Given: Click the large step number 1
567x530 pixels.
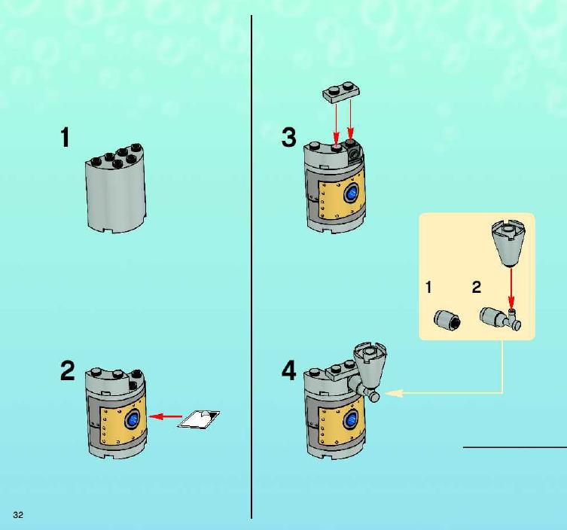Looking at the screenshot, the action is pyautogui.click(x=65, y=137).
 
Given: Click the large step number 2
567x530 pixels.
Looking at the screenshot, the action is pyautogui.click(x=68, y=370).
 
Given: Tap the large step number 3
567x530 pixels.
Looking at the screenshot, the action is pyautogui.click(x=289, y=137).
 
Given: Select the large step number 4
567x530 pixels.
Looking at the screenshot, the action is pyautogui.click(x=289, y=370).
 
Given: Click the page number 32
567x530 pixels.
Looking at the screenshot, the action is pyautogui.click(x=18, y=515).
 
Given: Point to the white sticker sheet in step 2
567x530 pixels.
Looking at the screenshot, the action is pyautogui.click(x=199, y=419).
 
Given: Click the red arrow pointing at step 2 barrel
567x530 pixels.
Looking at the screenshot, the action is pyautogui.click(x=166, y=417).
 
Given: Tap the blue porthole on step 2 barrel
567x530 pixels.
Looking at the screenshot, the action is pyautogui.click(x=132, y=420).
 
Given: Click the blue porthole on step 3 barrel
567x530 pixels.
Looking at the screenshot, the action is pyautogui.click(x=351, y=193).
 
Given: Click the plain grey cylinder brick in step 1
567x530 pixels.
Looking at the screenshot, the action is pyautogui.click(x=116, y=188).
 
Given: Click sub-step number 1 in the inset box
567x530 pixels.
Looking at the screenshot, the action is pyautogui.click(x=429, y=288).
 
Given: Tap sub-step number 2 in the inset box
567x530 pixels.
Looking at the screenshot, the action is pyautogui.click(x=477, y=288).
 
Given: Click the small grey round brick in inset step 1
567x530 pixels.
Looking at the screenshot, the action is pyautogui.click(x=447, y=320).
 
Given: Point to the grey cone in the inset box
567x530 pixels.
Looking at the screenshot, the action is pyautogui.click(x=508, y=242).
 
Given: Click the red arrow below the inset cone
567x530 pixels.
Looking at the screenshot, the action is pyautogui.click(x=511, y=288).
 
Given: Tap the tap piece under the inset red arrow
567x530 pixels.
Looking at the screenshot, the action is pyautogui.click(x=501, y=318).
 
